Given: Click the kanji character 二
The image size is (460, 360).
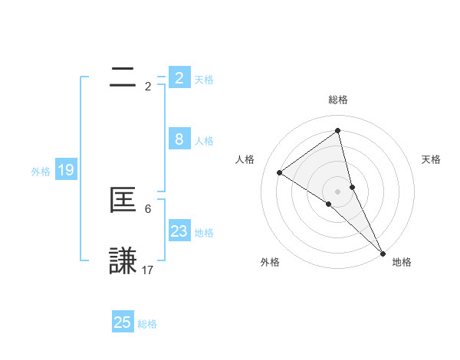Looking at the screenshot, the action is coord(123,77).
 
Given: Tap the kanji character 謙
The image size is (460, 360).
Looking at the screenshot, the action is coord(123,260).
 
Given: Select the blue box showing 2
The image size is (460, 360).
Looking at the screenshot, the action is coord(179,78).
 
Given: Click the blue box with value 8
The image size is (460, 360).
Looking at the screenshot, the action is coord(179,139).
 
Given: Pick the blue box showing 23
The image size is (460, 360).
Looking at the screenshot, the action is coord(179,231).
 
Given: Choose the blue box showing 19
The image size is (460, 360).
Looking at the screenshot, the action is coord(66,170).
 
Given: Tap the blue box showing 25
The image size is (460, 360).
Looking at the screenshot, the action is coord(123,322).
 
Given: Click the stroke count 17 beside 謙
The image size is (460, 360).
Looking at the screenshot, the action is coord(148,270).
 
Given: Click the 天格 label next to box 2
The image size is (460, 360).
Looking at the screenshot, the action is coord(204,80).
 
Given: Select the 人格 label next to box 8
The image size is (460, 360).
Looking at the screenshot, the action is coord(204,141).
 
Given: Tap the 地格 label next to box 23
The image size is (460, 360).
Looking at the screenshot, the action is coord(204,233).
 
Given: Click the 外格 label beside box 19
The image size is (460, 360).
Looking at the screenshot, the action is coord(41,172).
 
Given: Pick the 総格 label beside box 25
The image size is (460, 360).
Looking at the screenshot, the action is coord(147,324).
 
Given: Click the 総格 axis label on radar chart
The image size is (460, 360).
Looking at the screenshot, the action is coord(338,100).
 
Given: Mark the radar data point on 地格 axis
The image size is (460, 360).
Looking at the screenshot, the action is coord(383,253).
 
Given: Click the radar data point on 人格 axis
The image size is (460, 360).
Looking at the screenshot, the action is coord(280,172).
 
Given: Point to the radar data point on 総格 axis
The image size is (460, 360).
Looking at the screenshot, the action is coord(338,130).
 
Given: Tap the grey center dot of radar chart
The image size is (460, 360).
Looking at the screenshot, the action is coord(338,191).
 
